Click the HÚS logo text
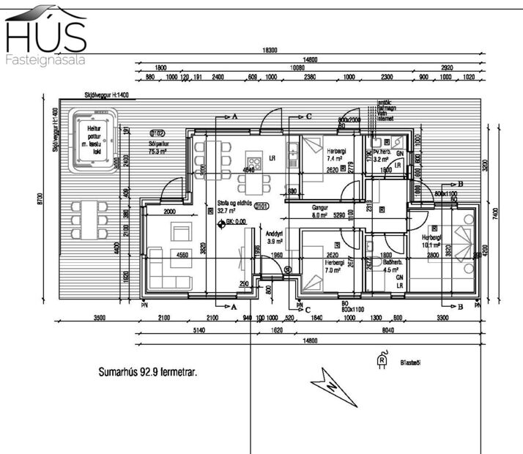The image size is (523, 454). (x=45, y=35)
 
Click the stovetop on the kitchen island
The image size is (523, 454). (x=254, y=162)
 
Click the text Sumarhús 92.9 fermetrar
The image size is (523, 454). (x=148, y=372)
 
